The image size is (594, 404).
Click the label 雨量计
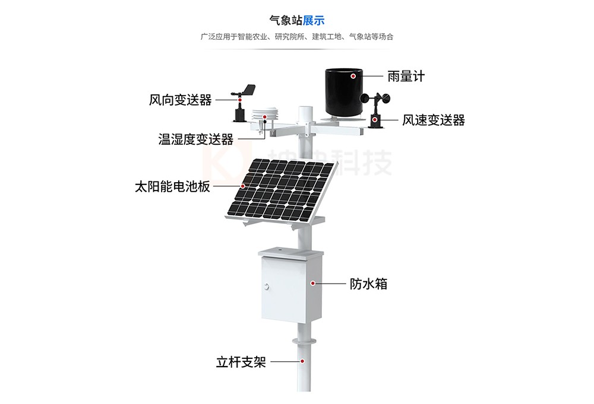(x=406, y=76)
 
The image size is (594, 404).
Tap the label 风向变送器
(x=180, y=100)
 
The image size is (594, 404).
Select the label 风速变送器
(x=433, y=120)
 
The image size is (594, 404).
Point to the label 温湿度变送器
(x=195, y=139)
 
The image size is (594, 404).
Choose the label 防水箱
(x=368, y=284)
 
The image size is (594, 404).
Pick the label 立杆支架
(x=241, y=362)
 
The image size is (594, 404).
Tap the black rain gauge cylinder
(x=344, y=92)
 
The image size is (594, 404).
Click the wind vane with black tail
(x=245, y=92)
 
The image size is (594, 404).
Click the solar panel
(x=279, y=189)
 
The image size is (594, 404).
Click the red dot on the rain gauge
(x=353, y=76)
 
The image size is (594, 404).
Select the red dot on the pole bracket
(x=302, y=361)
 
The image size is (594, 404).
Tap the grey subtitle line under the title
(x=297, y=37)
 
